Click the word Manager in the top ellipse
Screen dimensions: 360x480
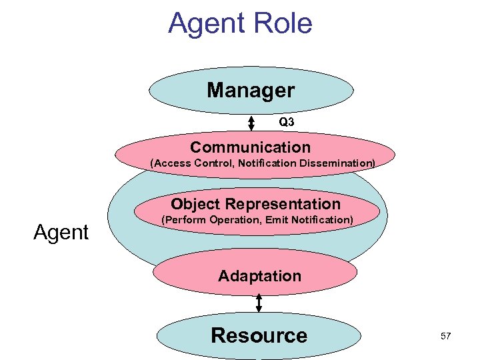click(250, 90)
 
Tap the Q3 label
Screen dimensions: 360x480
click(286, 122)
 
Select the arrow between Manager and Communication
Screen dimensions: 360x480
click(251, 123)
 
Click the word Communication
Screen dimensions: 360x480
click(250, 147)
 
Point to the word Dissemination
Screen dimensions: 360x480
click(339, 162)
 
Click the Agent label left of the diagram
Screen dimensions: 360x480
click(61, 233)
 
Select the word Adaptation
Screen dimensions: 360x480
click(259, 275)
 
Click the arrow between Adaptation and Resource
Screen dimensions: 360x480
click(259, 302)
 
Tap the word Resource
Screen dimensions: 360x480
click(259, 335)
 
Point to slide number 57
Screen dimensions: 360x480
click(445, 336)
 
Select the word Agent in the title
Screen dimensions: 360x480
click(206, 23)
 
